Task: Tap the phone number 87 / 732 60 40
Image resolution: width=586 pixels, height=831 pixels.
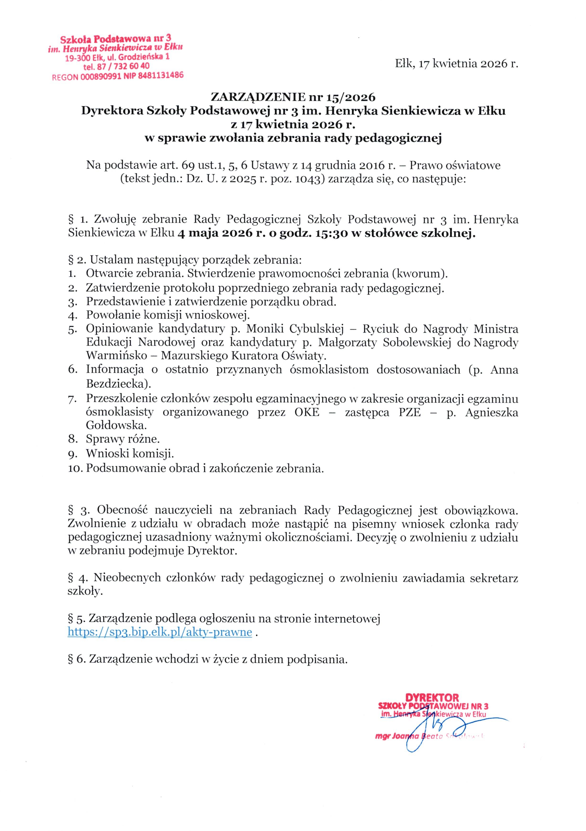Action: point(122,67)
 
